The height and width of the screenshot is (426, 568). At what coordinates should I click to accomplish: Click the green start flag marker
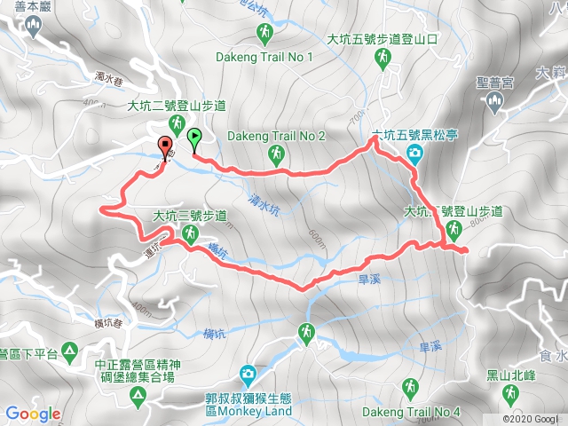(194, 137)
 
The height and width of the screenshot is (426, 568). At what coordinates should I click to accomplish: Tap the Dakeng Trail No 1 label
(264, 56)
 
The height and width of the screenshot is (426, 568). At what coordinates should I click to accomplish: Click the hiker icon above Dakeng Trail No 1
(264, 35)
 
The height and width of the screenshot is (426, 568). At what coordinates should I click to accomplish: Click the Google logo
(33, 414)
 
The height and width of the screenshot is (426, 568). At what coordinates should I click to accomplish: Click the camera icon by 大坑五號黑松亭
(414, 155)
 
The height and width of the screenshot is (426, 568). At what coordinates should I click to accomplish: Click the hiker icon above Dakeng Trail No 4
(411, 388)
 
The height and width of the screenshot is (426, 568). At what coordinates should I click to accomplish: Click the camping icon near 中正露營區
(136, 400)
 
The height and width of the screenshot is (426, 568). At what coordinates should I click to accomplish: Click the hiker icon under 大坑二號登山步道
(178, 123)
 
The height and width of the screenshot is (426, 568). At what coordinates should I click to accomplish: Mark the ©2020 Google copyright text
(532, 419)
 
